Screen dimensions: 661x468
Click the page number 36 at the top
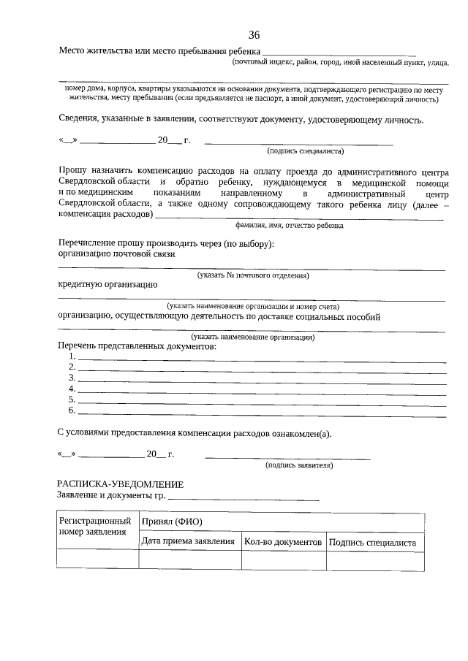(x=254, y=35)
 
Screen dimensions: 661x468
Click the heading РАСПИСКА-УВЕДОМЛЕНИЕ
(x=120, y=484)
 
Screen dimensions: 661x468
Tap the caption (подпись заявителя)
(x=299, y=465)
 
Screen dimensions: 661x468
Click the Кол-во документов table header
(x=283, y=543)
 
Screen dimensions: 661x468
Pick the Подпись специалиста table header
(x=372, y=543)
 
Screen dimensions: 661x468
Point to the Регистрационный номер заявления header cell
(x=95, y=527)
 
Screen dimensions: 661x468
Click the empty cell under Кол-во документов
(x=283, y=560)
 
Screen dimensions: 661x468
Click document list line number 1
(x=261, y=357)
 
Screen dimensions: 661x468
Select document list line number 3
(x=261, y=378)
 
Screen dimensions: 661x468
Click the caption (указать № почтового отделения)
(x=253, y=275)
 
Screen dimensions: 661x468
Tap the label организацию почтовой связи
(x=116, y=254)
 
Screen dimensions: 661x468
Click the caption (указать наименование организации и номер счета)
(x=252, y=307)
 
